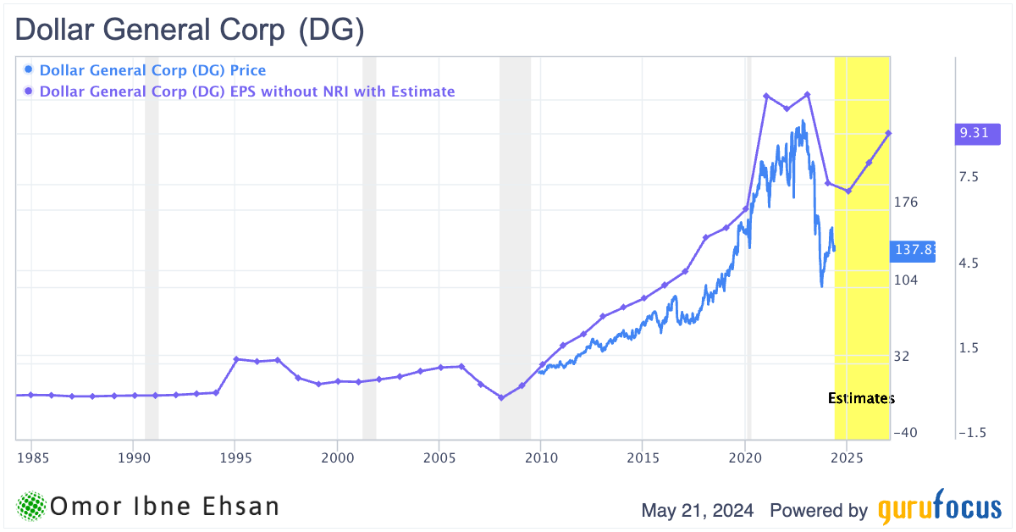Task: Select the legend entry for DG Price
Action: [x=152, y=70]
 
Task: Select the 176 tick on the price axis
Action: [x=906, y=202]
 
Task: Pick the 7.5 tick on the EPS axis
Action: [x=969, y=177]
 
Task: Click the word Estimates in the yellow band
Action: [x=860, y=398]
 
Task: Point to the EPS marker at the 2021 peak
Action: [x=766, y=96]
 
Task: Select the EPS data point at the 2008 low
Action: [x=501, y=397]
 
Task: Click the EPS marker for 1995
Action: [x=236, y=359]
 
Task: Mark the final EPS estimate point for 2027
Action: [x=889, y=133]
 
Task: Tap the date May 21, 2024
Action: [x=700, y=511]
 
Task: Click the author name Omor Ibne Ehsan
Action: [x=164, y=507]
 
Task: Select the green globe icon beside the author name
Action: [x=31, y=507]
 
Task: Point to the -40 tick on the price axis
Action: [x=906, y=433]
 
